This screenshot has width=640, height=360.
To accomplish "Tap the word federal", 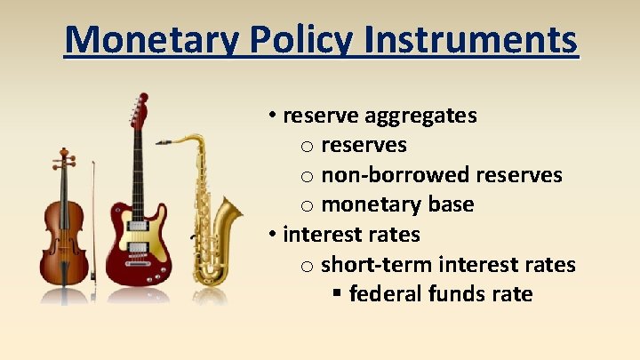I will pos(384,294).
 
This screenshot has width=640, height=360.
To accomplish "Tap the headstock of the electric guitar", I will pos(139,111).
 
